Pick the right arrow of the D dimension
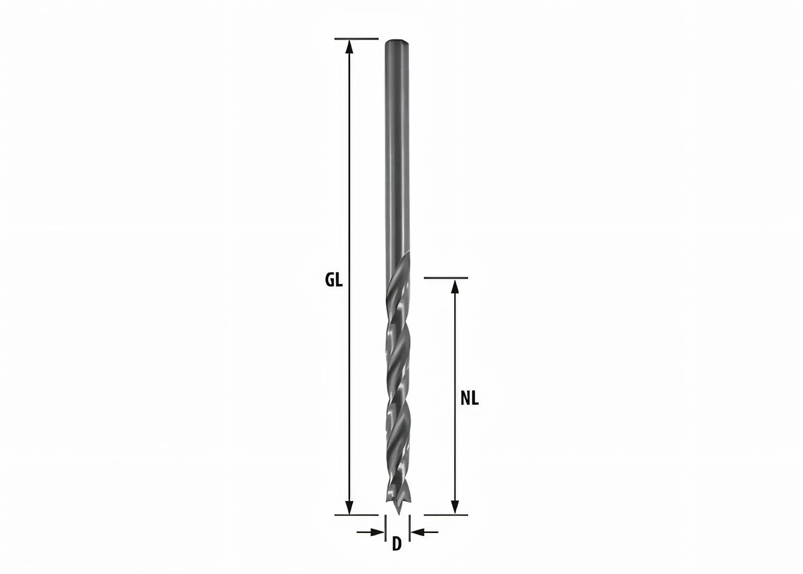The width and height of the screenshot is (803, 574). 418,532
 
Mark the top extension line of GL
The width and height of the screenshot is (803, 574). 357,39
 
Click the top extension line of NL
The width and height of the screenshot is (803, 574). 446,278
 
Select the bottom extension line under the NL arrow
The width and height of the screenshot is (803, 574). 446,515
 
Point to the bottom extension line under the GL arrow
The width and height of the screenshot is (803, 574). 357,515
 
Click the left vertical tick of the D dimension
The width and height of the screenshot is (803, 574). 385,528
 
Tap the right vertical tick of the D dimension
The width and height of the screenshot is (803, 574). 409,528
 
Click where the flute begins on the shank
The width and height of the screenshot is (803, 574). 404,257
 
